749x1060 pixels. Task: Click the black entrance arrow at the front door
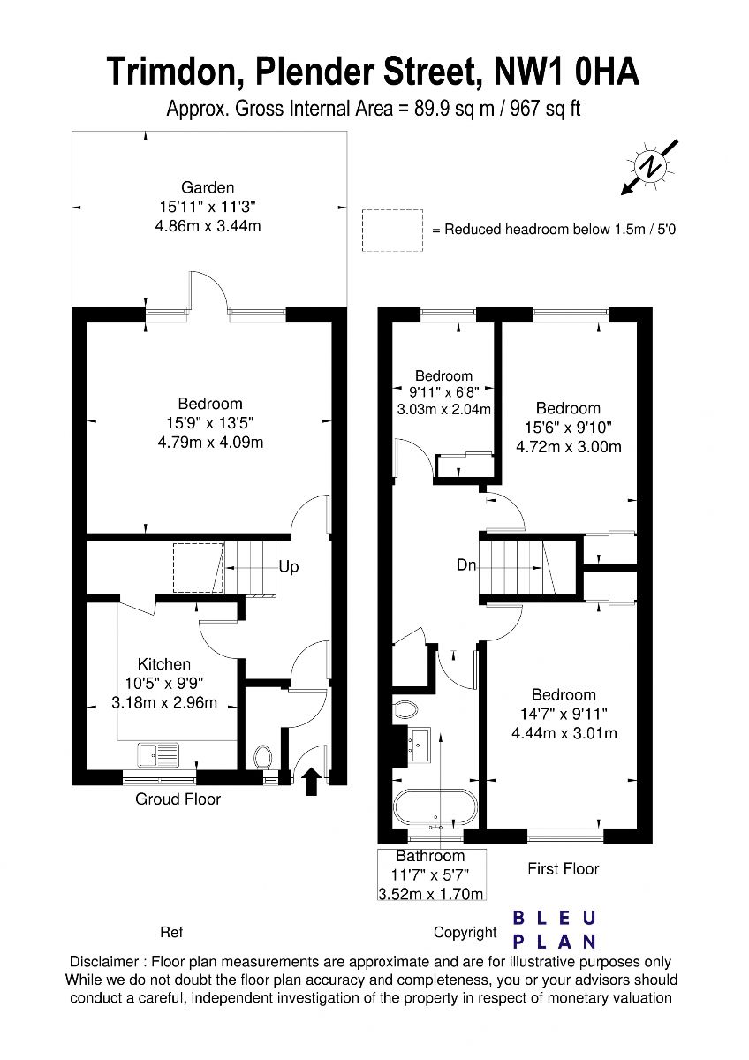click(x=310, y=781)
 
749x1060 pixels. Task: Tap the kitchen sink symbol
click(x=158, y=754)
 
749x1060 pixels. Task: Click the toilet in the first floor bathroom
click(x=405, y=709)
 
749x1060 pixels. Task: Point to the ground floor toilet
click(x=262, y=757)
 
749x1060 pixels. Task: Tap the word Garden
click(x=208, y=187)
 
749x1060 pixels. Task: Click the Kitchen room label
click(x=164, y=664)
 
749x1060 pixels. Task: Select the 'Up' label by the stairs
click(x=289, y=567)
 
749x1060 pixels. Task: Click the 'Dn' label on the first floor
click(x=466, y=564)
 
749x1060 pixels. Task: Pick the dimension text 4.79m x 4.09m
click(x=210, y=443)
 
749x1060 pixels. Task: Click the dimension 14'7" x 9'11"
click(x=564, y=714)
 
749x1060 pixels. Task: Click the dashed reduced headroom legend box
click(x=392, y=231)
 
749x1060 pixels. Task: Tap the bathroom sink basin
click(x=419, y=746)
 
